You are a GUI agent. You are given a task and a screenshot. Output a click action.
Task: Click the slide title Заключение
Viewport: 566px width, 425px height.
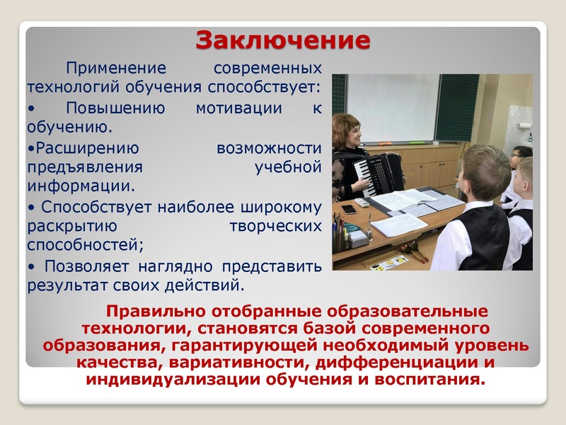tap(282, 40)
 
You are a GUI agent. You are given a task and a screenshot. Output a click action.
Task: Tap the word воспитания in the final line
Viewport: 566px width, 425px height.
tap(432, 379)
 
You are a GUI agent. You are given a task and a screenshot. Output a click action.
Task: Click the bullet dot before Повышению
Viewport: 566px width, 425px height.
tap(31, 110)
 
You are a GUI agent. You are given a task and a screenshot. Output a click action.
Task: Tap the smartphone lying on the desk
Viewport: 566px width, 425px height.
tap(349, 209)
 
